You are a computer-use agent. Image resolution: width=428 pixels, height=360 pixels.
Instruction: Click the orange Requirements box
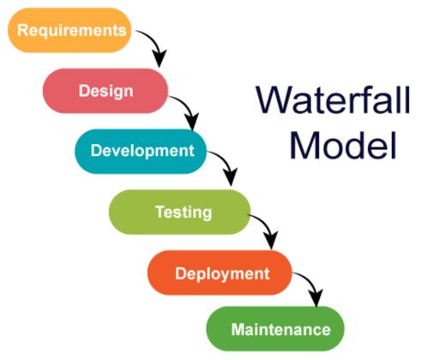tap(69, 30)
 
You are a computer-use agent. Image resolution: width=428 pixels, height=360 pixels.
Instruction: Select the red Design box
tap(105, 91)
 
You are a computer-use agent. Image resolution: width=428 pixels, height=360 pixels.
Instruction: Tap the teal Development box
tap(141, 151)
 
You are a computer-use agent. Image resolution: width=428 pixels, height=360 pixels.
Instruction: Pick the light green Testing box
tap(180, 212)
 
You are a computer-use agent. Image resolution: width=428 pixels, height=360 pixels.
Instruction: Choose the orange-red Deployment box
tap(220, 273)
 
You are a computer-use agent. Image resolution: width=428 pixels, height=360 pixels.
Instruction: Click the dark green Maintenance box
tap(275, 328)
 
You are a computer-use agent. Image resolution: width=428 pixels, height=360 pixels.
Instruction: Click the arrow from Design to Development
tap(189, 107)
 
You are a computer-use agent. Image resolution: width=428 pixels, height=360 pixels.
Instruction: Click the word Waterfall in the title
tap(334, 99)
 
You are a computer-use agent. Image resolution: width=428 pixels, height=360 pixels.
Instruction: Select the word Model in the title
tap(343, 145)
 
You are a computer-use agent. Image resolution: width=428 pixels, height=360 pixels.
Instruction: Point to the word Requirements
tap(72, 30)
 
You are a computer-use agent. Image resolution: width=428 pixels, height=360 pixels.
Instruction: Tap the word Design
tap(106, 92)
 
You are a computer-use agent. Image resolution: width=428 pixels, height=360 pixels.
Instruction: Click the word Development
tap(142, 151)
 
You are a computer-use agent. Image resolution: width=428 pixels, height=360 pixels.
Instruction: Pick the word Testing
tap(184, 213)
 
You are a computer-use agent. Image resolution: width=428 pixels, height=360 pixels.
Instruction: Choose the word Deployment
tap(222, 273)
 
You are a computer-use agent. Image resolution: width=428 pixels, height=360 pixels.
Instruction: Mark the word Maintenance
tap(280, 329)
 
